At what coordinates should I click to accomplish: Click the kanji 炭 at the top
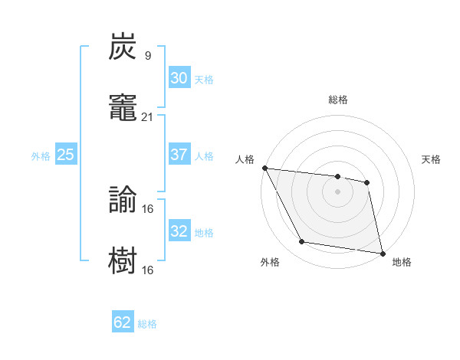click(123, 47)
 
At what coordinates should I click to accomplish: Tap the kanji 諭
click(123, 201)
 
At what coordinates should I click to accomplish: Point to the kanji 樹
click(123, 260)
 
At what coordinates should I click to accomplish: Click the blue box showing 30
click(179, 78)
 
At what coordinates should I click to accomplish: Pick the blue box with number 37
click(179, 155)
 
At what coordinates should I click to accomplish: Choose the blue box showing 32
click(179, 231)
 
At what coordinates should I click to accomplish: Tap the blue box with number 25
click(65, 155)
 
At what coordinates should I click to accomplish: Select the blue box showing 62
click(123, 322)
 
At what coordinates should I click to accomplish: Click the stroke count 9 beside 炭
click(147, 56)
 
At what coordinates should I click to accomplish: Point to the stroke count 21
click(148, 116)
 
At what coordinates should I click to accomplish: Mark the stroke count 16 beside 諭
click(148, 209)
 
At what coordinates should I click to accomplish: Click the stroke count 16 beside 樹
click(148, 270)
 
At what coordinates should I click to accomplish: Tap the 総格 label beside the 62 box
click(147, 324)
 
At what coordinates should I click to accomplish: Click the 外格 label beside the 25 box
click(41, 156)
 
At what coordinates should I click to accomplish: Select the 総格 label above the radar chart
click(338, 100)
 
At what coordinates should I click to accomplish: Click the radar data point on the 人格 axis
click(264, 168)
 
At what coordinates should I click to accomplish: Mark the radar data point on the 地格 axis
click(382, 253)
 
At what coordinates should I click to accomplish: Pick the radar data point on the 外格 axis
click(301, 243)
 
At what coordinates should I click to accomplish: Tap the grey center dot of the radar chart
click(337, 191)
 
